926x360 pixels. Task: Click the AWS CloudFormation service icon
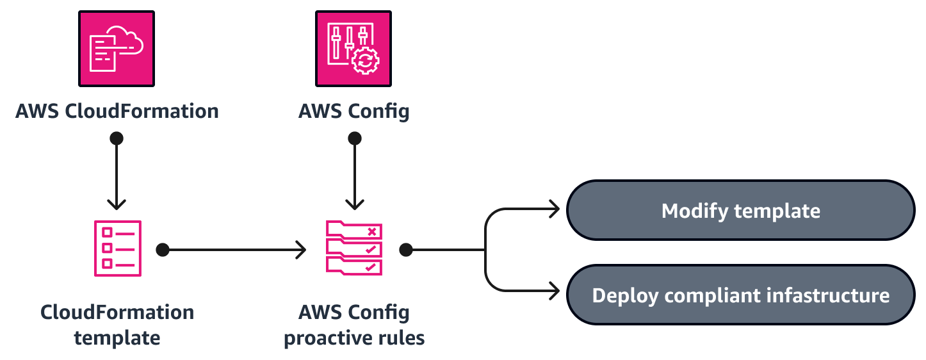point(117,48)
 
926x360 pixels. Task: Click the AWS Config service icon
point(353,48)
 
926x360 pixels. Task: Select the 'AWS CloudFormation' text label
point(117,111)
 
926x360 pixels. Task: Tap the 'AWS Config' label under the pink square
point(353,111)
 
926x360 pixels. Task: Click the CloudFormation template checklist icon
point(117,249)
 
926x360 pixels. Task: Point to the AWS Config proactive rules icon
point(354,249)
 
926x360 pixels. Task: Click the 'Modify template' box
point(740,210)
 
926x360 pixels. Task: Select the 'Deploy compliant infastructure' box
point(740,295)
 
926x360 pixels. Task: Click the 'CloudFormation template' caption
point(117,325)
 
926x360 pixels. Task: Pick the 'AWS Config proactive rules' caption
point(354,325)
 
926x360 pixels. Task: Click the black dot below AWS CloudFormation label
point(117,138)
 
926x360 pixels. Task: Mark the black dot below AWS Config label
point(354,138)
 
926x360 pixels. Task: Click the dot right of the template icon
point(163,249)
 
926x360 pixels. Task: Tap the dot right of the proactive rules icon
point(405,249)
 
